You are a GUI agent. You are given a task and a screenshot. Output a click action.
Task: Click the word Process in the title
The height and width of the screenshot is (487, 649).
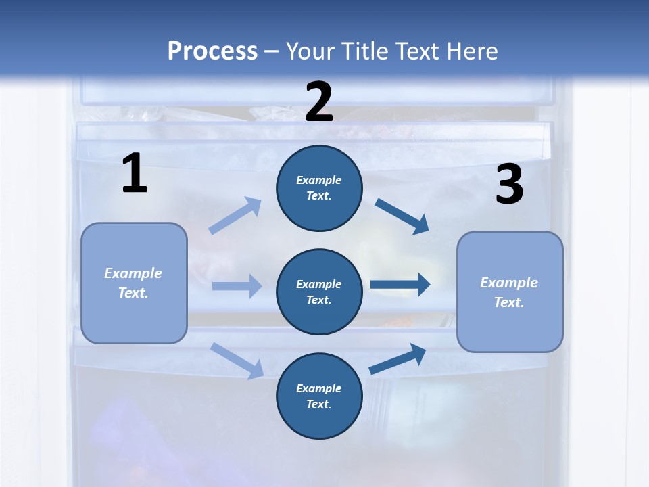(212, 51)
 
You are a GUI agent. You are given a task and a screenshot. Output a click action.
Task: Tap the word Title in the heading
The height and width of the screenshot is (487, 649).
(366, 51)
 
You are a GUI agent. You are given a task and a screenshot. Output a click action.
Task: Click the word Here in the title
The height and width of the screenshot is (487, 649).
(471, 51)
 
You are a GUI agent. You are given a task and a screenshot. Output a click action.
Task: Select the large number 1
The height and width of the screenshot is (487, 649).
(135, 174)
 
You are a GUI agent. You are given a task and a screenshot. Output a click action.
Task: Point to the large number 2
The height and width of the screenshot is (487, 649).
(319, 101)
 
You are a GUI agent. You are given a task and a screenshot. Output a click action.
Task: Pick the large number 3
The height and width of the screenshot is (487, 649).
(509, 185)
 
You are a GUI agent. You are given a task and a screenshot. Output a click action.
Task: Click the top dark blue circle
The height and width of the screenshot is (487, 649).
(319, 188)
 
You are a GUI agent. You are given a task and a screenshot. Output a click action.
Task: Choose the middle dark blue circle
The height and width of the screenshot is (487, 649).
(319, 292)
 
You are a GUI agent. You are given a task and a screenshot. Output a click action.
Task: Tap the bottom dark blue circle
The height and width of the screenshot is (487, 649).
(319, 396)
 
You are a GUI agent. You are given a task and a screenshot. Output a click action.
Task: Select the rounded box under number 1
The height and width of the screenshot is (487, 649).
(134, 283)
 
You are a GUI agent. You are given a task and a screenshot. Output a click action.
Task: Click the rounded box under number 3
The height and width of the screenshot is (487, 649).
(510, 292)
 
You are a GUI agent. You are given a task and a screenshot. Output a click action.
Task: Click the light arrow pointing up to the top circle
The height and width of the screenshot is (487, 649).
(235, 216)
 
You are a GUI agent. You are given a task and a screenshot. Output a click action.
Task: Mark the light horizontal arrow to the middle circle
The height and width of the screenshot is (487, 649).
(237, 286)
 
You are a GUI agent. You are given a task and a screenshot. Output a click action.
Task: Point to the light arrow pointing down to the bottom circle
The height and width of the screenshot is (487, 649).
(237, 360)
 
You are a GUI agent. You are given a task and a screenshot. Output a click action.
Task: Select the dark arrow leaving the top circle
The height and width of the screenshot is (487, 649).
(402, 216)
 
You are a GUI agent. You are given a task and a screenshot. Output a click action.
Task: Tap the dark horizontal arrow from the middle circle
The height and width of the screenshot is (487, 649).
(400, 285)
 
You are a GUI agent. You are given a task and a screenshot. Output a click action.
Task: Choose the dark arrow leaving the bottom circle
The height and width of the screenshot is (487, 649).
(398, 358)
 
